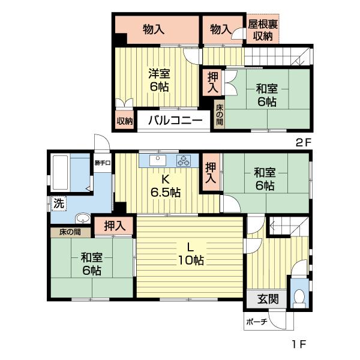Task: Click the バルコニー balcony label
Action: [175, 120]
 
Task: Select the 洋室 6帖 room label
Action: [160, 80]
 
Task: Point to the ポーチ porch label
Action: [256, 322]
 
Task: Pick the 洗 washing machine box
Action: [58, 203]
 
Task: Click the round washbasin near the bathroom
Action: [83, 218]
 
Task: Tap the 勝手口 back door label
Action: [101, 163]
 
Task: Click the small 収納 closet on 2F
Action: [124, 120]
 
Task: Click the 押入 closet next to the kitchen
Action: [210, 172]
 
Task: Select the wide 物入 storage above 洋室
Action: [155, 29]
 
